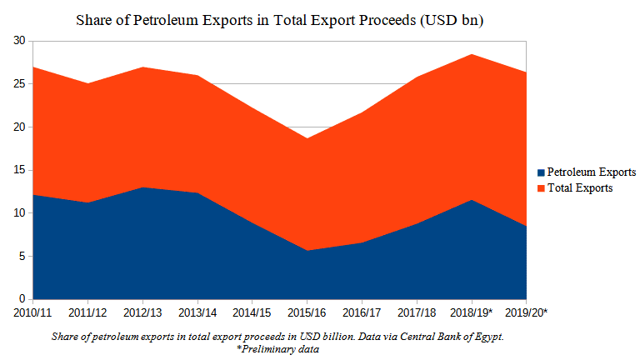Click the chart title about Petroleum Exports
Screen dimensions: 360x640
[x=280, y=19]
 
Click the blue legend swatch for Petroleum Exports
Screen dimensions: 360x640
[x=540, y=172]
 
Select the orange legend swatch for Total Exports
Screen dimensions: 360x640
[x=540, y=188]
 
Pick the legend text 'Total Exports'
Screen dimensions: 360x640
[x=580, y=188]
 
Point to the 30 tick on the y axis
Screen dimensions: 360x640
[x=19, y=41]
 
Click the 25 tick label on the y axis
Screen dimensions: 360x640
[x=19, y=84]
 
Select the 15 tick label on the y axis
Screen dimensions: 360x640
[x=19, y=170]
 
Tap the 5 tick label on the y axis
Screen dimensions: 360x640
[x=22, y=256]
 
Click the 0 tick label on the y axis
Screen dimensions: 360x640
[x=22, y=299]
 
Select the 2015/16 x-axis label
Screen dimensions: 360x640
[x=307, y=312]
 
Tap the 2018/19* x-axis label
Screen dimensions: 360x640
[x=472, y=312]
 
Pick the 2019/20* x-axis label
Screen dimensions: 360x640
[x=525, y=312]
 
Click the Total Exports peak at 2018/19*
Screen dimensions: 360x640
[x=472, y=54]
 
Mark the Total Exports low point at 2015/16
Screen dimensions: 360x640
[x=307, y=138]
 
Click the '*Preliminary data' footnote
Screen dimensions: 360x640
[x=278, y=348]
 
